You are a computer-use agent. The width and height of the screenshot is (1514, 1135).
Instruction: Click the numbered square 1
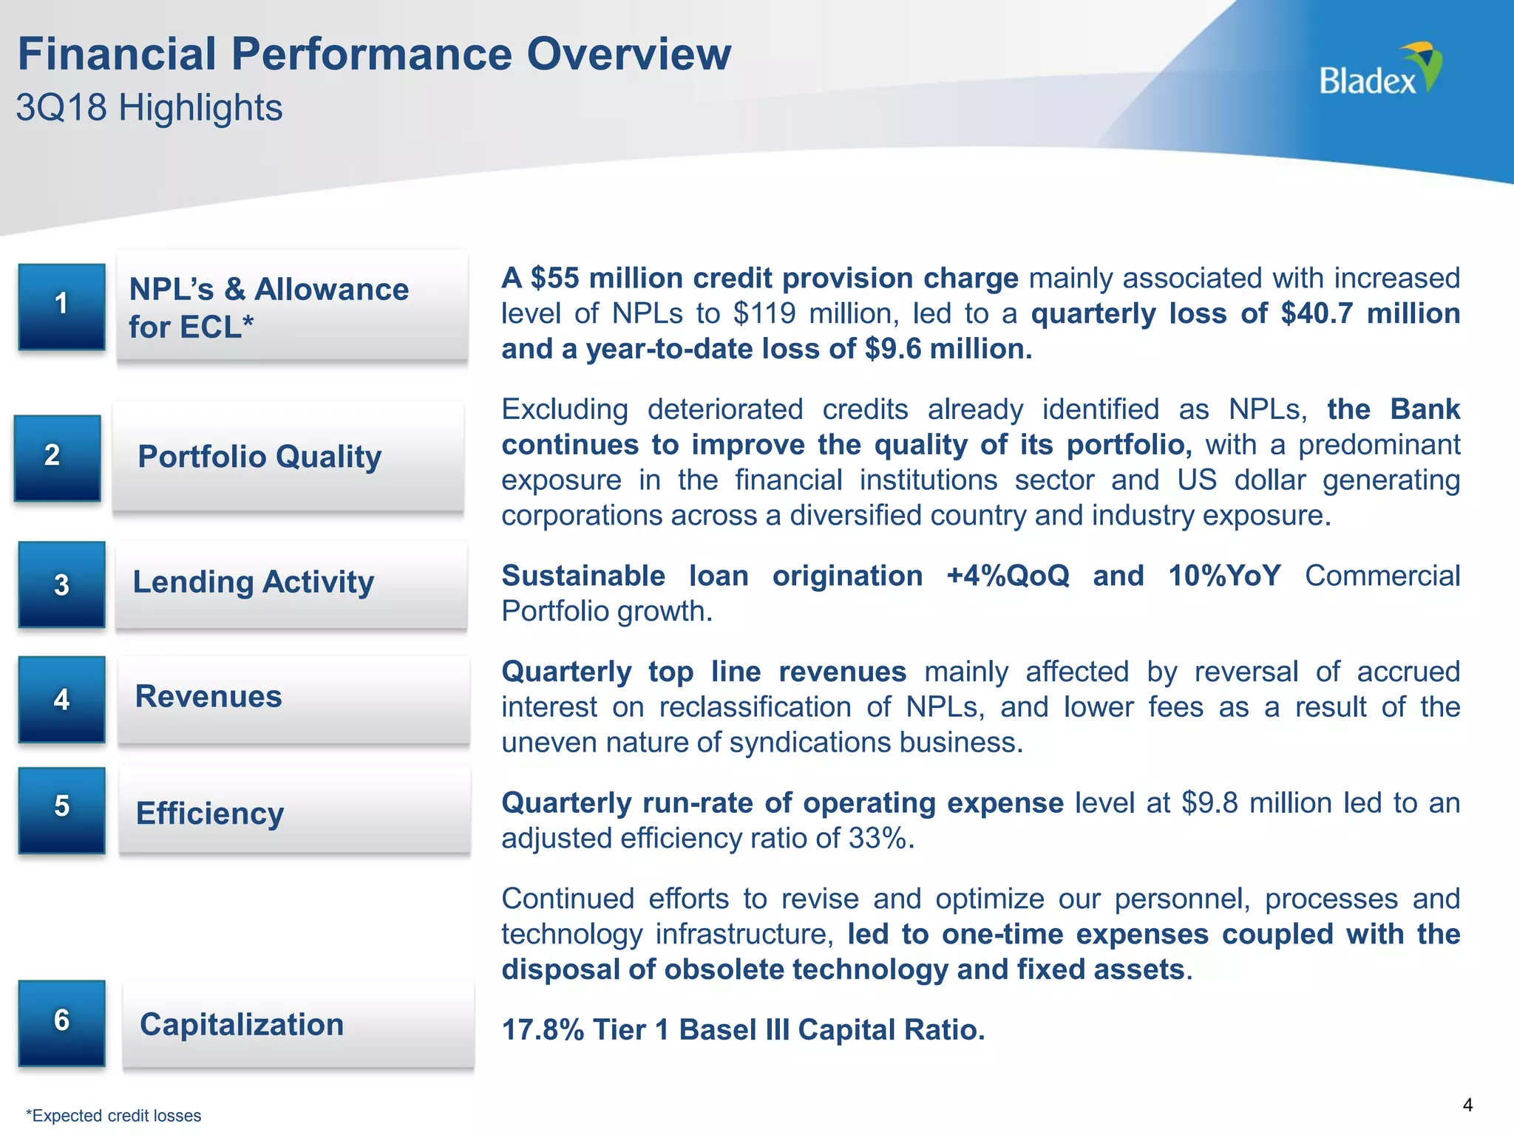61,306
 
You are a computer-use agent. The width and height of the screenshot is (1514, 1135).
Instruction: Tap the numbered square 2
57,457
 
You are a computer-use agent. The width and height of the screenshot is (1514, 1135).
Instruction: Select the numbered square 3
61,584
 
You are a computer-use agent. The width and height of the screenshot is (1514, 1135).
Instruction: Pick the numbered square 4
61,699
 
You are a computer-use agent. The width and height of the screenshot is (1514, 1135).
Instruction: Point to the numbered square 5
61,810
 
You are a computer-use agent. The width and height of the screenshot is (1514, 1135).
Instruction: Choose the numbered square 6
61,1023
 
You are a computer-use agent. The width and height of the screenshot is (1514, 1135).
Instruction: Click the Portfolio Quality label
259,457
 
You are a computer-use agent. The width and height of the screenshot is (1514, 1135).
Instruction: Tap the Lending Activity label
254,582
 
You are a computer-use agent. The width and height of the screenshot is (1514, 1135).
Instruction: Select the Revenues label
208,697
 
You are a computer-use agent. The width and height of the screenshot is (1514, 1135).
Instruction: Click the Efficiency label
210,814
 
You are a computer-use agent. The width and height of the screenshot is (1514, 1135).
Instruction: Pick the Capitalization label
242,1025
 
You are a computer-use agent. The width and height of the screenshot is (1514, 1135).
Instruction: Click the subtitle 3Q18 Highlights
149,108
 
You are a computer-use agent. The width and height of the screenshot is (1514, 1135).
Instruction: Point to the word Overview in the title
628,55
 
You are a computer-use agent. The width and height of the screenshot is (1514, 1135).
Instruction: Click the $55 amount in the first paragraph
554,279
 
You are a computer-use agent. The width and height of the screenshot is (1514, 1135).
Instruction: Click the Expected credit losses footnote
114,1116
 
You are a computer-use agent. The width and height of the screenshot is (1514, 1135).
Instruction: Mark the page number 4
1467,1105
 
